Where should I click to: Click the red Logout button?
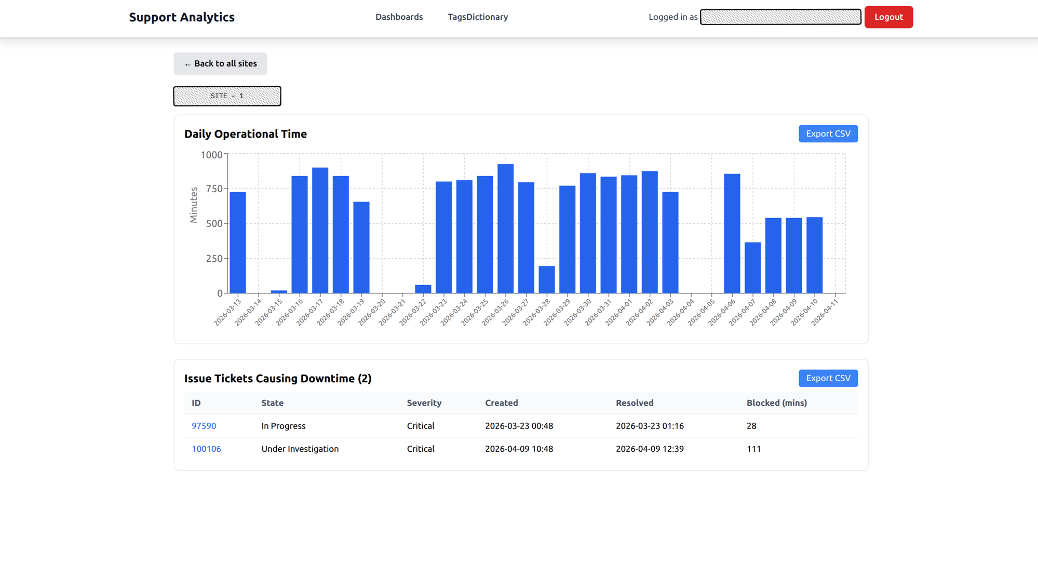tap(888, 17)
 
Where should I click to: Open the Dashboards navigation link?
tap(399, 17)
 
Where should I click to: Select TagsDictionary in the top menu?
tap(478, 17)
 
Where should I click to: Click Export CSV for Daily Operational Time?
tap(828, 134)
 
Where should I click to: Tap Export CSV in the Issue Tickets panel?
tap(828, 378)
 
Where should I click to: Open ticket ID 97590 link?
tap(204, 426)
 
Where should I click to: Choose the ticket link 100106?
tap(206, 449)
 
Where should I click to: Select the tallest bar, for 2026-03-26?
tap(505, 229)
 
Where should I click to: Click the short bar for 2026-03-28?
tap(546, 279)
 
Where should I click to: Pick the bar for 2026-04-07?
tap(752, 267)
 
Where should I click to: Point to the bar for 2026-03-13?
tap(238, 243)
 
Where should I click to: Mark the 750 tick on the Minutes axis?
tap(214, 189)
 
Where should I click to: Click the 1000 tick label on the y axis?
tap(211, 155)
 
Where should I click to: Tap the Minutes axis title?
tap(194, 205)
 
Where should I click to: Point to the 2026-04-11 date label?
tap(825, 312)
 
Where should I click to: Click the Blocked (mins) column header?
tap(776, 403)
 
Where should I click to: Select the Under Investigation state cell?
tap(300, 449)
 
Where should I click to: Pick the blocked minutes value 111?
tap(753, 449)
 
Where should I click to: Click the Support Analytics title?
tap(182, 17)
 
